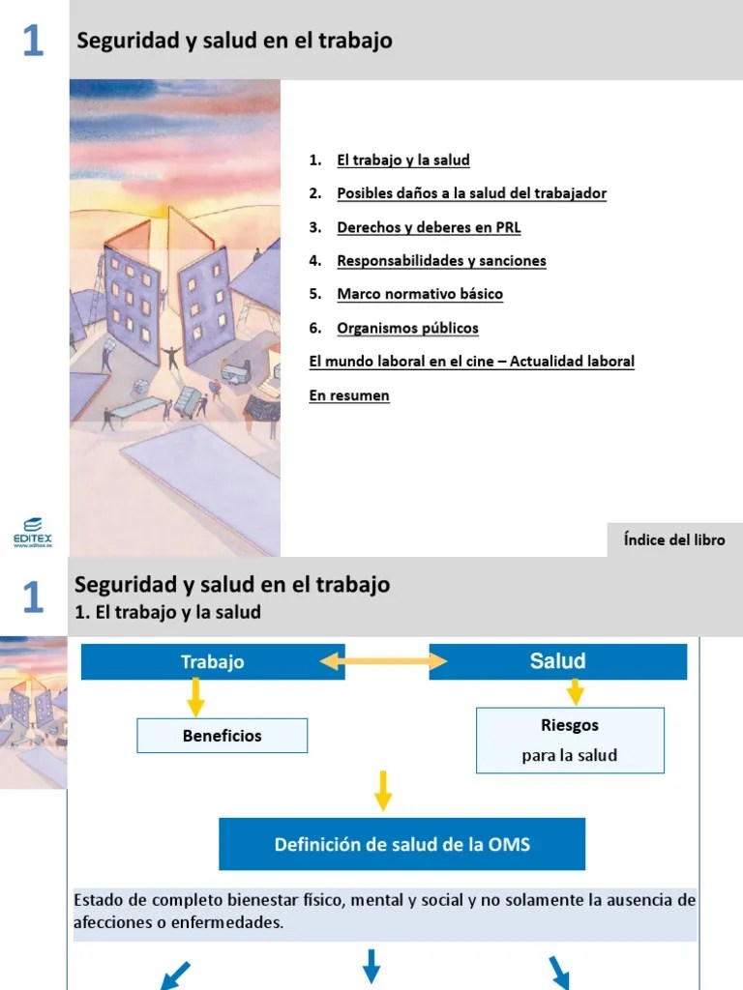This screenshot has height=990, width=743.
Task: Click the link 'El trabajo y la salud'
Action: point(402,160)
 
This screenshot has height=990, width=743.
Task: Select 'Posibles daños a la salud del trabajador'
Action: point(471,193)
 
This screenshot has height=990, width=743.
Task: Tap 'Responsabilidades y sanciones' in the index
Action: point(441,261)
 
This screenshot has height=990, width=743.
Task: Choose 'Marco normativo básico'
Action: point(420,294)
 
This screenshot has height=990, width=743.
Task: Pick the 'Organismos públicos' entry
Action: point(407,328)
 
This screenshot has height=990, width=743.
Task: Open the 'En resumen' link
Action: point(349,395)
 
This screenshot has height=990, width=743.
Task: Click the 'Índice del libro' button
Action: point(673,540)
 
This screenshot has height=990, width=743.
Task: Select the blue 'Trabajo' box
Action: point(212,662)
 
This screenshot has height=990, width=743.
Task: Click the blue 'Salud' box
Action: point(557,662)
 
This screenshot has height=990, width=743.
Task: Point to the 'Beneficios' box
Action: point(222,736)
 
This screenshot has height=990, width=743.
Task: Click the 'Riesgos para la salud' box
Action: point(570,740)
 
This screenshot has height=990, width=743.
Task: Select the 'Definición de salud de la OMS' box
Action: point(401,844)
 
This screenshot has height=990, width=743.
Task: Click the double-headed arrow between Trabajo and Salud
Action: point(383,662)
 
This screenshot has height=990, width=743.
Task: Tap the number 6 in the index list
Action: point(314,328)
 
